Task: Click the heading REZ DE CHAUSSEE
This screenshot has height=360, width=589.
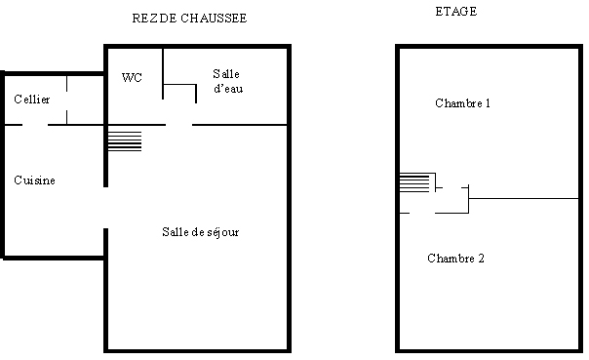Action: [189, 18]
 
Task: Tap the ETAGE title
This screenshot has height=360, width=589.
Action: [456, 12]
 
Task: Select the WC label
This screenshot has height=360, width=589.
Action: [132, 77]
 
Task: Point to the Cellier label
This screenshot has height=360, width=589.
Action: [32, 100]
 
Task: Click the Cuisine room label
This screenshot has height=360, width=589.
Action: [34, 180]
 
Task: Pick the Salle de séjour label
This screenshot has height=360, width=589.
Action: [201, 232]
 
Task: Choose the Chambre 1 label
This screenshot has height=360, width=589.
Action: [463, 103]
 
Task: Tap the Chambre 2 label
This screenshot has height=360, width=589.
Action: [455, 259]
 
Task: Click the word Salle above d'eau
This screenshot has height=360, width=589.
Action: [226, 73]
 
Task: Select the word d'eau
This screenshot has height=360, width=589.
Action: [228, 89]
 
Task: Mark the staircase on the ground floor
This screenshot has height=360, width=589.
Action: [125, 141]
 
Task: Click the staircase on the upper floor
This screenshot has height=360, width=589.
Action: [413, 182]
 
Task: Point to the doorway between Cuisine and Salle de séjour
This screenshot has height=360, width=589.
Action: [106, 208]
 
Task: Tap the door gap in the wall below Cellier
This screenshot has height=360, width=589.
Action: [35, 125]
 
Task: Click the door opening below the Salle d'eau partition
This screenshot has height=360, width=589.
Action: [178, 125]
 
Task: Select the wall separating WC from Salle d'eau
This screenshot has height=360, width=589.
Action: [163, 73]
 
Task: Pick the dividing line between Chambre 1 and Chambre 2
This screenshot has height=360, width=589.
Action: [524, 198]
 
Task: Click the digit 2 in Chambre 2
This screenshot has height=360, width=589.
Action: [481, 259]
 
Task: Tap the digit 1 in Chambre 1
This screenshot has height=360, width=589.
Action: [488, 103]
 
